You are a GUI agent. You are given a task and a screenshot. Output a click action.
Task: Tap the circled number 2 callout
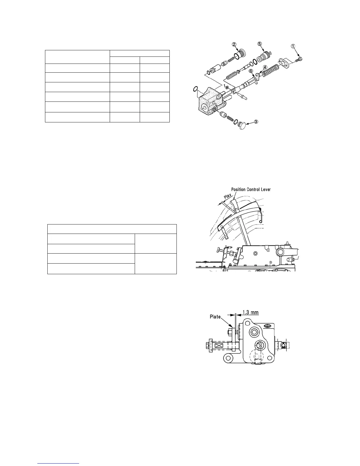234,44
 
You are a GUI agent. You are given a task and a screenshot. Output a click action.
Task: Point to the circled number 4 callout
265,67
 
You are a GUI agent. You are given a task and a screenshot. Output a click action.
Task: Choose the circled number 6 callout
251,71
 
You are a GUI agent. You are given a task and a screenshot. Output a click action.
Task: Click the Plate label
215,317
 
